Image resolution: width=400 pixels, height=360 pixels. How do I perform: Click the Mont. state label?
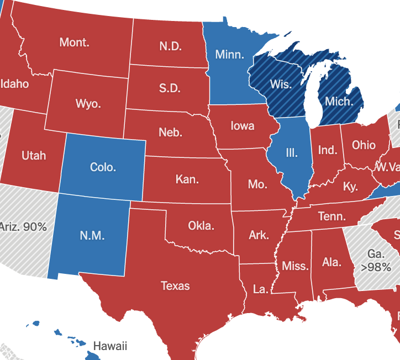[x=74, y=42]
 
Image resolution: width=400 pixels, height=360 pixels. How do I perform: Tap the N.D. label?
[x=171, y=46]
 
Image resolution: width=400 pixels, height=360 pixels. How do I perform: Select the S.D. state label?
[x=170, y=88]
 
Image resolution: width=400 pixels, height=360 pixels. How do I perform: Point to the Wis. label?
[x=281, y=84]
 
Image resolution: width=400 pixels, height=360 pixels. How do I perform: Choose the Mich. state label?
[x=338, y=101]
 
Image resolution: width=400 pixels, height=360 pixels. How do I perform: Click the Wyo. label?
[x=88, y=103]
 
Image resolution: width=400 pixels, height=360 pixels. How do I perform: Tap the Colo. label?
[x=103, y=167]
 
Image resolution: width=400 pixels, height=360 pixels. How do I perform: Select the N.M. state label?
[x=92, y=235]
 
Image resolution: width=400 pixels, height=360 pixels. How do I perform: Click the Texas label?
[x=175, y=285]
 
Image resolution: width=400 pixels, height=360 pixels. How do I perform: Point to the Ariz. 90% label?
[x=23, y=226]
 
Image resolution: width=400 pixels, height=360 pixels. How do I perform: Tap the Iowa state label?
[x=243, y=126]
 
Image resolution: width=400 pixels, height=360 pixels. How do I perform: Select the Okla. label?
[x=201, y=225]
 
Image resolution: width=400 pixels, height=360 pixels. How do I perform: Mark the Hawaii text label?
[x=110, y=346]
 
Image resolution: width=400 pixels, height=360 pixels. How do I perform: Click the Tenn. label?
[x=332, y=216]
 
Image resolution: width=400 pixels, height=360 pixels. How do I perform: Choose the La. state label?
[x=260, y=289]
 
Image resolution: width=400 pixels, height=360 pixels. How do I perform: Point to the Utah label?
[x=34, y=156]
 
